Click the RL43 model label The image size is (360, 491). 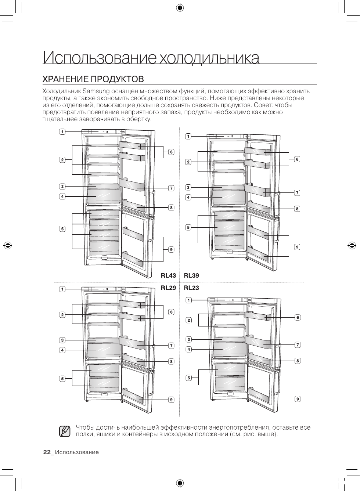point(169,275)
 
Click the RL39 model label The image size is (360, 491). point(191,275)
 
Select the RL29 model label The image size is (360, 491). point(169,288)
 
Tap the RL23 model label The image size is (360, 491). point(191,288)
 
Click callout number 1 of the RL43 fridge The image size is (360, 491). point(63,132)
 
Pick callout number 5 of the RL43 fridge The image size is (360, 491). point(63,229)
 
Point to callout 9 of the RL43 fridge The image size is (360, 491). point(171,250)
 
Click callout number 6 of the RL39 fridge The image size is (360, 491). point(297,159)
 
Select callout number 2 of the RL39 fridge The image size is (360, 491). point(188,162)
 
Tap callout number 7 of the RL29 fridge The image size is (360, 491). point(171,345)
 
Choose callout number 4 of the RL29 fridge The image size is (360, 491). point(63,350)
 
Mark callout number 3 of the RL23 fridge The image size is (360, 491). point(188,339)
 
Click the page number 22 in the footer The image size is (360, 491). point(47,452)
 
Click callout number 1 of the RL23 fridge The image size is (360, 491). point(188,300)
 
